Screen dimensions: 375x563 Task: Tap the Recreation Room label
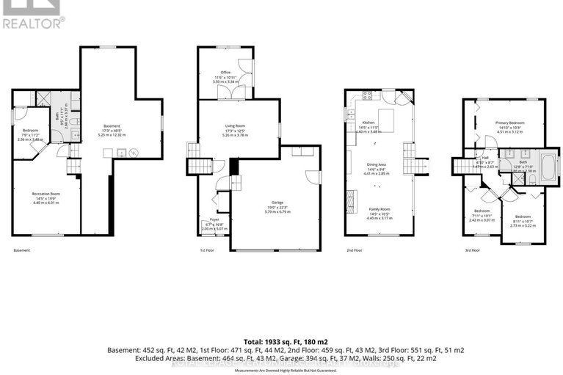[45, 194]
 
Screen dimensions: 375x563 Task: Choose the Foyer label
[214, 219]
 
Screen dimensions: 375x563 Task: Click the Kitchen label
[368, 123]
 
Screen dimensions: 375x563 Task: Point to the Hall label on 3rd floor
[485, 158]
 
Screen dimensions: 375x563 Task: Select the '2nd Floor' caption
[355, 251]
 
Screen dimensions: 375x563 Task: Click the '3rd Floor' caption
[471, 251]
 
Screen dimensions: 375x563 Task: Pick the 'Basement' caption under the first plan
[21, 251]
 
